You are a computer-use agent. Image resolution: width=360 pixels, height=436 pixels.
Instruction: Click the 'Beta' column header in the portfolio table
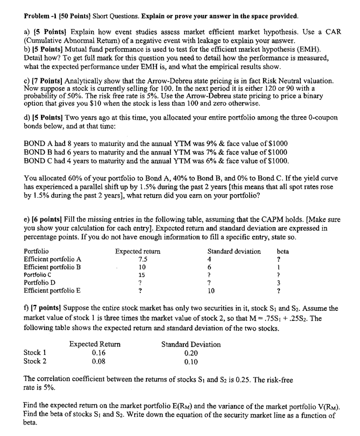coord(282,252)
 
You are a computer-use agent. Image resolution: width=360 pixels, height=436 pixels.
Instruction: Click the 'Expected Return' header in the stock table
coord(95,344)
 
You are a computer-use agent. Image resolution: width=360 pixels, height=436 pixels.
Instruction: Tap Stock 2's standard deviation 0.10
coord(191,362)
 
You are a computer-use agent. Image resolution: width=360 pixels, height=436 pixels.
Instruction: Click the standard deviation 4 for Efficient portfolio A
coord(209,259)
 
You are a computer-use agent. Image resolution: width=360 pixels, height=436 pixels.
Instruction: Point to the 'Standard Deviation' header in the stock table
coord(191,344)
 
